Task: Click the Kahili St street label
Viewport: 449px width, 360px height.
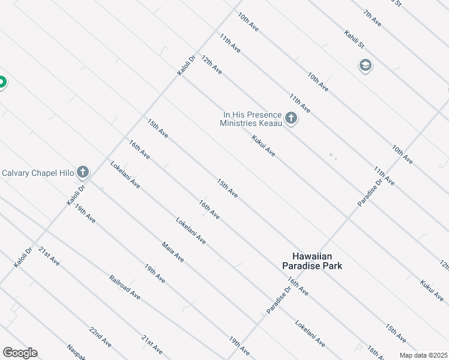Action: (354, 40)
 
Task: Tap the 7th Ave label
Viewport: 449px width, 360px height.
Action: (372, 17)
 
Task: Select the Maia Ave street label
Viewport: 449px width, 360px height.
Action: (173, 252)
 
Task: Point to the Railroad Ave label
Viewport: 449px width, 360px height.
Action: (125, 287)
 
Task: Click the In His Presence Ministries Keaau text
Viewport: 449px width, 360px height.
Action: (252, 118)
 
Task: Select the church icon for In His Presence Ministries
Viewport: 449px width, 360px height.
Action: (291, 118)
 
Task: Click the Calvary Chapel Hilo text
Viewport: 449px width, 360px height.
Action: (37, 173)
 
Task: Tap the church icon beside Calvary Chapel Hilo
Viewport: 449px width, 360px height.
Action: (83, 173)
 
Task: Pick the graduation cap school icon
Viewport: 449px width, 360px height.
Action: (365, 65)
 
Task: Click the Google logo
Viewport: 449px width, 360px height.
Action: (20, 353)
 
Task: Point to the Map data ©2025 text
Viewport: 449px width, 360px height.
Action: (423, 355)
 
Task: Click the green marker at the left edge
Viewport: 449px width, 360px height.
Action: (2, 82)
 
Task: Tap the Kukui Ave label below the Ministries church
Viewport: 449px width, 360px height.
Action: (264, 146)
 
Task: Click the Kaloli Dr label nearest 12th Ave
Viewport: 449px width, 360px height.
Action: (187, 66)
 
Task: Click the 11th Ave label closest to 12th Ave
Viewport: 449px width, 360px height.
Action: (230, 43)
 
